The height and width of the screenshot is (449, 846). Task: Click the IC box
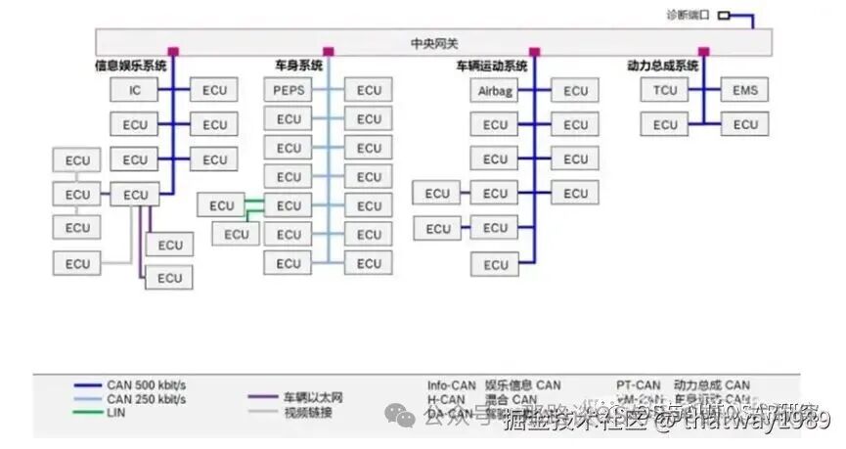(135, 90)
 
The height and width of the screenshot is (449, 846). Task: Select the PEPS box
(289, 90)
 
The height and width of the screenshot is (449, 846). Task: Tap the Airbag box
(495, 91)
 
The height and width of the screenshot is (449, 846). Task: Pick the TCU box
(665, 91)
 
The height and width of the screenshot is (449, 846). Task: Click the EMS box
(745, 91)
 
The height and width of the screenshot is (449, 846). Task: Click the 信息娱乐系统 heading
(130, 66)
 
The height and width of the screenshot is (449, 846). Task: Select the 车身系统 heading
(298, 66)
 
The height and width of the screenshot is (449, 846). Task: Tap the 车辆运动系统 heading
(492, 67)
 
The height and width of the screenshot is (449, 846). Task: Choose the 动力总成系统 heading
(663, 66)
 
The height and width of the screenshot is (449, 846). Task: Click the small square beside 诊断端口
(724, 16)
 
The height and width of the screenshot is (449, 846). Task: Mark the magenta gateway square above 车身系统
(329, 51)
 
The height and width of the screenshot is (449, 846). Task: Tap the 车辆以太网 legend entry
(313, 398)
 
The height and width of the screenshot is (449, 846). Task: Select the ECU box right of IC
(214, 90)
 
